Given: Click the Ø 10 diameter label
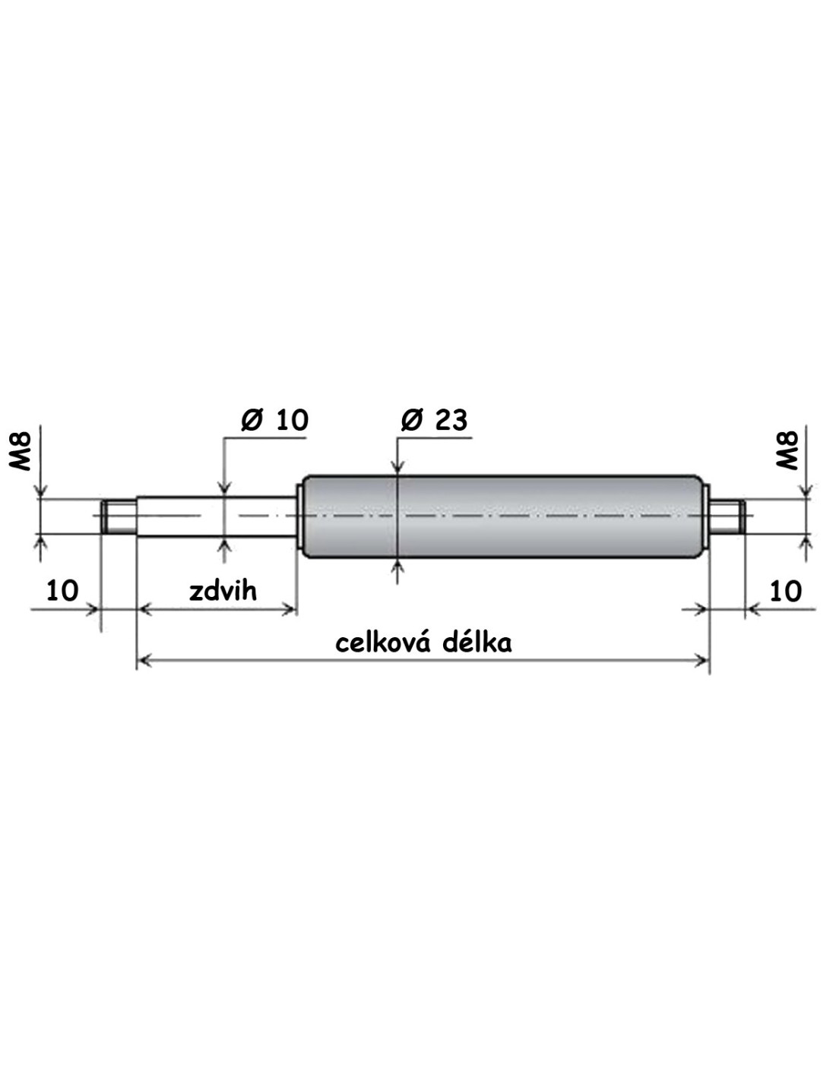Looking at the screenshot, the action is (274, 421).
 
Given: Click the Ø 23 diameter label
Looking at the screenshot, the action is (434, 421).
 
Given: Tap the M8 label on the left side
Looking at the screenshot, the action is (21, 451).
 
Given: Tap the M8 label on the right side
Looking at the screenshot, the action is (787, 451).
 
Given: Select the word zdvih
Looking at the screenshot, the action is (223, 591).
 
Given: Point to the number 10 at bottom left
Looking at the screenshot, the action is (62, 590).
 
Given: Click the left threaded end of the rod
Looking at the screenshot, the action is (119, 517).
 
